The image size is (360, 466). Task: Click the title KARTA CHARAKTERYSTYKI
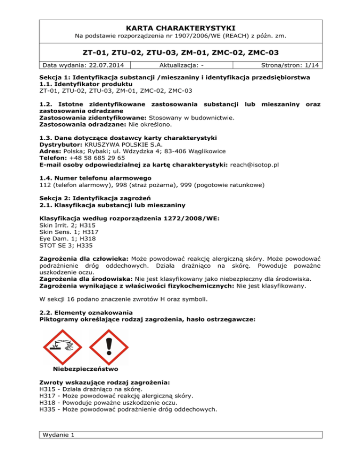pyautogui.click(x=180, y=28)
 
